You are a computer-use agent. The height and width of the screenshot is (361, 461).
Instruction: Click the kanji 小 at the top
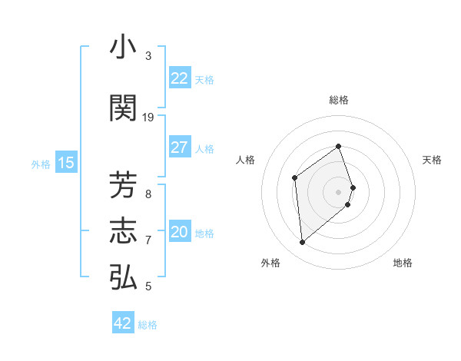tap(124, 48)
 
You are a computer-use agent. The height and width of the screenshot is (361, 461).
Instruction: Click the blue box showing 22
tap(180, 78)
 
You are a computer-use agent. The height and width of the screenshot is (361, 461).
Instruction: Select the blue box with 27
tap(180, 147)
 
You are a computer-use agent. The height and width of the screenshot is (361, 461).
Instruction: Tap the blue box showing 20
tap(180, 232)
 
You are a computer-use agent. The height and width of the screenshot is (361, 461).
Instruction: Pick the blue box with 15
tap(66, 163)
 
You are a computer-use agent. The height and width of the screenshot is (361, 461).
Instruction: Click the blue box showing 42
tap(123, 323)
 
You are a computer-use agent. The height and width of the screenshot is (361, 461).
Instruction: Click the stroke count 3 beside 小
tap(148, 56)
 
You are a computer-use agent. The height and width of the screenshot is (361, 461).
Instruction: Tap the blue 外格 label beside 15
tap(41, 164)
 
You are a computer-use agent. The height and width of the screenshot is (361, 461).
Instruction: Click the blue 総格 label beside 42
tap(148, 324)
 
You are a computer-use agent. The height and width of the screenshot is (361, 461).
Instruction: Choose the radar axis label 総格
tap(338, 100)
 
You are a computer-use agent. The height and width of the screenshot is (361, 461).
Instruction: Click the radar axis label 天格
tap(433, 160)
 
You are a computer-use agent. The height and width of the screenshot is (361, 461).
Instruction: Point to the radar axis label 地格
tap(403, 263)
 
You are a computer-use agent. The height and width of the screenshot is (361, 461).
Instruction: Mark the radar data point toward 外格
tap(302, 243)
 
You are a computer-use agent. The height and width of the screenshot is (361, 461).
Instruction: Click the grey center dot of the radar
tap(338, 191)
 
